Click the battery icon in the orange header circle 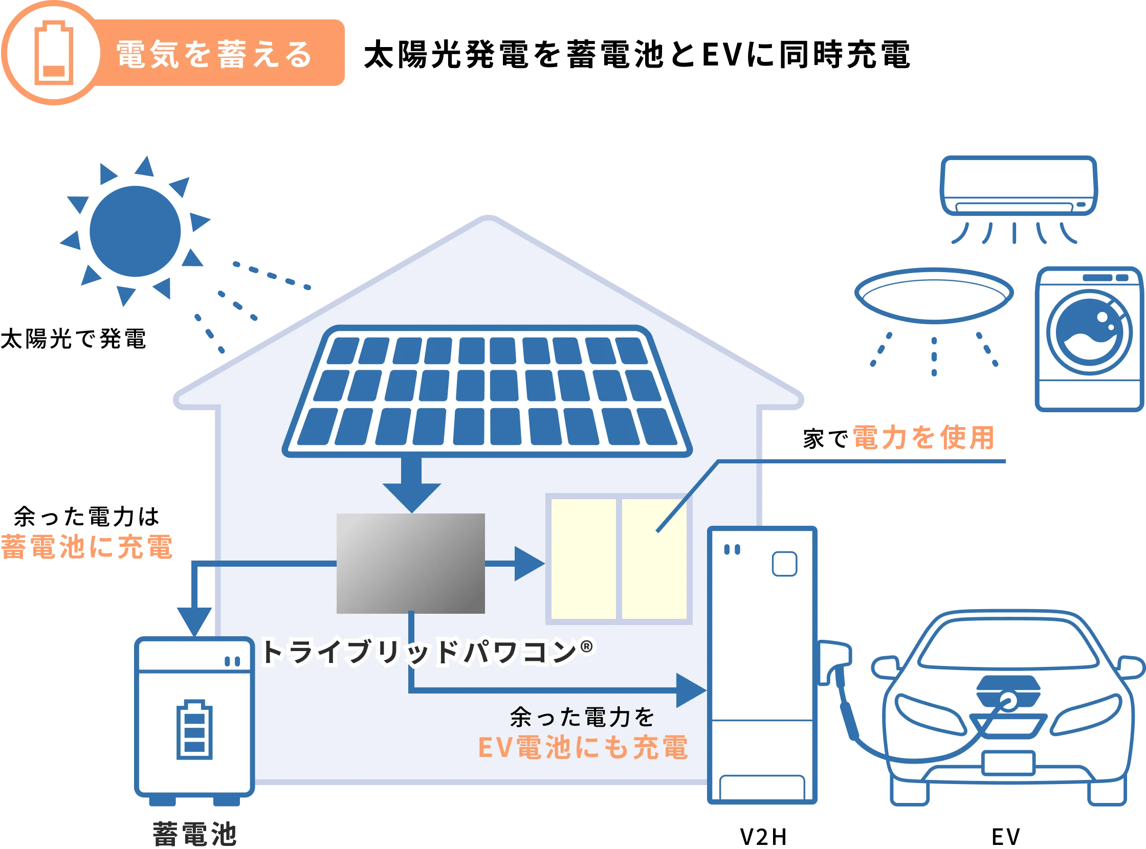pos(53,53)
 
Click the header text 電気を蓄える pos(214,54)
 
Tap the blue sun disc pos(136,231)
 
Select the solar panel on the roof pos(487,391)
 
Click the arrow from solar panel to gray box pos(411,486)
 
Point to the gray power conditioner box pos(410,563)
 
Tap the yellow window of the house pos(619,558)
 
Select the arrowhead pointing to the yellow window pos(529,564)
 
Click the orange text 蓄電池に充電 pos(87,546)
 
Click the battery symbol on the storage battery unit pos(194,729)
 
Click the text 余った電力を pos(582,718)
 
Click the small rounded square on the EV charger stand pos(785,564)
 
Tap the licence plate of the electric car pos(1008,763)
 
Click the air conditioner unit pos(1019,186)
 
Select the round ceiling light pos(933,295)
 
